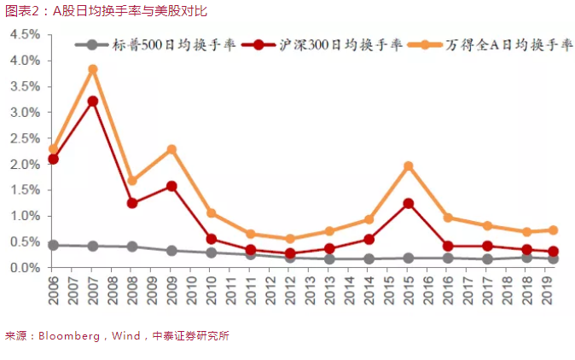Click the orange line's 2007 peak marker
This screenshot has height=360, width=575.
pyautogui.click(x=92, y=69)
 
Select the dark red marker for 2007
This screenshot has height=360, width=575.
pyautogui.click(x=92, y=101)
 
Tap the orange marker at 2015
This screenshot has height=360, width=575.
pyautogui.click(x=409, y=165)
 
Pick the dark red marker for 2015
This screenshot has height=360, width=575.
pyautogui.click(x=409, y=203)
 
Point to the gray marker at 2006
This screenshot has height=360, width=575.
pyautogui.click(x=53, y=245)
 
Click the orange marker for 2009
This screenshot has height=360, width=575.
pyautogui.click(x=171, y=149)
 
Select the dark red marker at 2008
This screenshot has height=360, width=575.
pyautogui.click(x=132, y=203)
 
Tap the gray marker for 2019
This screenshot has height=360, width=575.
pyautogui.click(x=553, y=258)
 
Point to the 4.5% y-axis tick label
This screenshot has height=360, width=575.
pyautogui.click(x=26, y=35)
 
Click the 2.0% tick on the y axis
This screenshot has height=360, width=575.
pyautogui.click(x=26, y=165)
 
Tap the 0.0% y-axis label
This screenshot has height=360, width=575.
pyautogui.click(x=26, y=268)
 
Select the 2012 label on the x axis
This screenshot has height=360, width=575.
pyautogui.click(x=290, y=291)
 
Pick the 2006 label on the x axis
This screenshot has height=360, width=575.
pyautogui.click(x=53, y=291)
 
